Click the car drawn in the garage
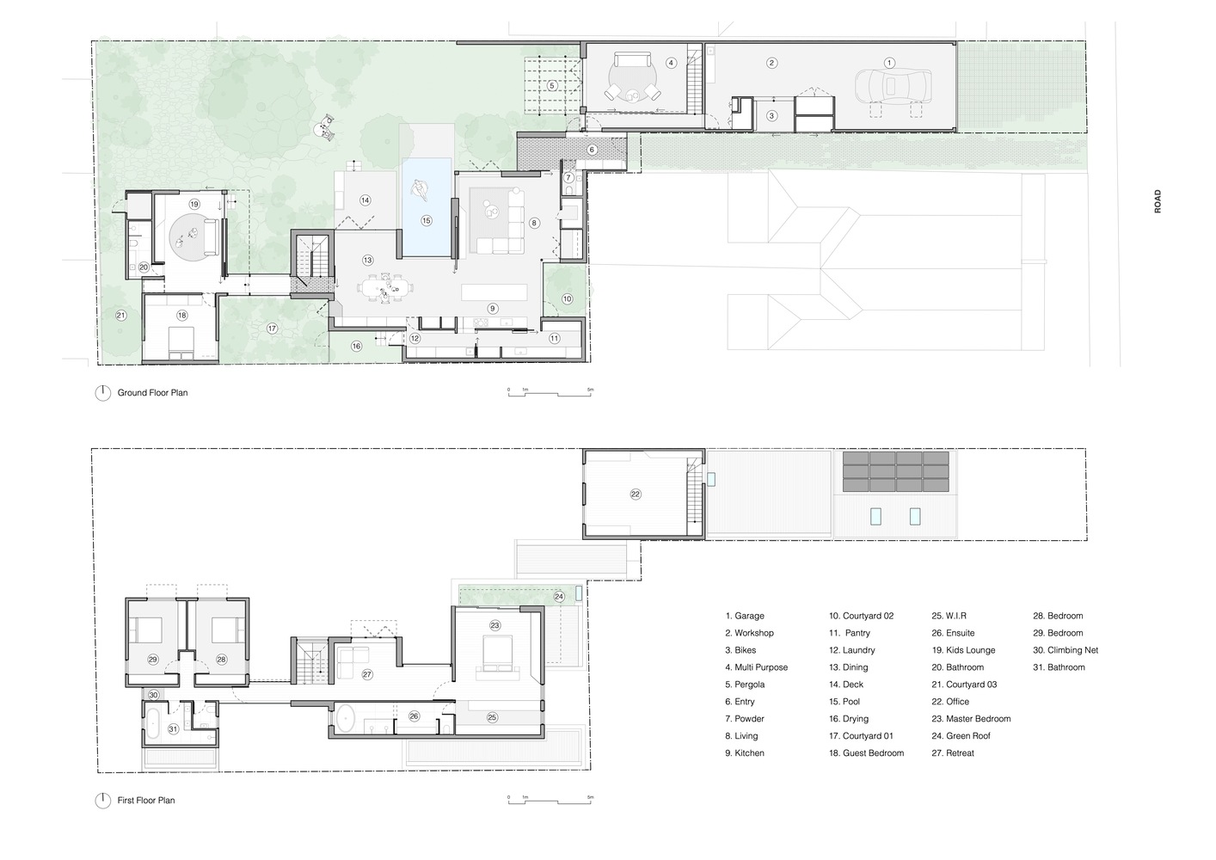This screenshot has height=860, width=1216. [893, 86]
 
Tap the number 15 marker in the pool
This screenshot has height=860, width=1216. [427, 220]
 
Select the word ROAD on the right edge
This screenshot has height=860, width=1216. [1158, 201]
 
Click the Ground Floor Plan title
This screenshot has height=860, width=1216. [152, 392]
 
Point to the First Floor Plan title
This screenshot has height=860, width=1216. [146, 801]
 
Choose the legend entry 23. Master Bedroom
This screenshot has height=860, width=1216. [971, 719]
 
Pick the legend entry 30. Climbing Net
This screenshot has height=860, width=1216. [1066, 650]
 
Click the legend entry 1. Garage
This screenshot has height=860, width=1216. [745, 616]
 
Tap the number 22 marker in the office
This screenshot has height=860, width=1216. [636, 494]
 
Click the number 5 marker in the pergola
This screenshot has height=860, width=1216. [552, 85]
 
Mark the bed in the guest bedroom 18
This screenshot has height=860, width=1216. [181, 342]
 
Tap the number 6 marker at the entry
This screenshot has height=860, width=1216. [592, 150]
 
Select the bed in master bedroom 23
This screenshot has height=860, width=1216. [498, 657]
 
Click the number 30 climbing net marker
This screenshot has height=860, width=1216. [154, 695]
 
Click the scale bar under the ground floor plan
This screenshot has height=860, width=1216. [550, 392]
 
